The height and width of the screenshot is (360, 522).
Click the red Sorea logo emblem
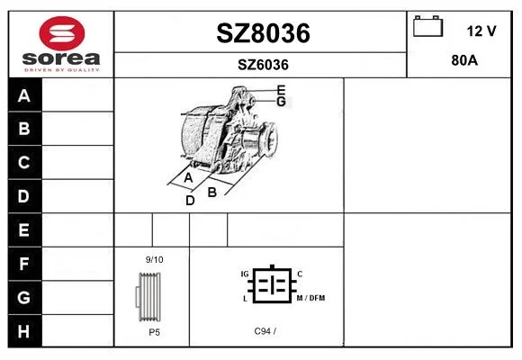pyautogui.click(x=62, y=33)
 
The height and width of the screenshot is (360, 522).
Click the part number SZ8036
pyautogui.click(x=263, y=33)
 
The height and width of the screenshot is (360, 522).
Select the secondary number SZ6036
pyautogui.click(x=263, y=65)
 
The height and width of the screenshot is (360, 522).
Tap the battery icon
pyautogui.click(x=427, y=26)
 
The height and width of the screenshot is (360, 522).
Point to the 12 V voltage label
pyautogui.click(x=481, y=31)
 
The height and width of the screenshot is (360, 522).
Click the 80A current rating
pyautogui.click(x=464, y=60)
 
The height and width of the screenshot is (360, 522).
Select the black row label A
pyautogui.click(x=24, y=95)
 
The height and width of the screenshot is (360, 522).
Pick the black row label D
pyautogui.click(x=23, y=196)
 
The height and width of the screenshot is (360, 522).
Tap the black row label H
pyautogui.click(x=23, y=331)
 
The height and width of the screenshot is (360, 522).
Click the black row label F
pyautogui.click(x=23, y=264)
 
